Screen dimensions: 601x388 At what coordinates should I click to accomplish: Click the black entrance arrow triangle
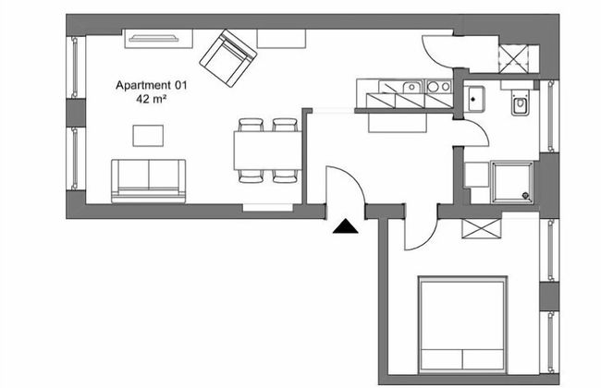(x=346, y=226)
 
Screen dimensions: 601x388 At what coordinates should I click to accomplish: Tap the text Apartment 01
(x=152, y=85)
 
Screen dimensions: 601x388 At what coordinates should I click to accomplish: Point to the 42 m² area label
(x=151, y=99)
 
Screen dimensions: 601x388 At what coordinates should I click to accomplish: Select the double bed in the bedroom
(x=463, y=324)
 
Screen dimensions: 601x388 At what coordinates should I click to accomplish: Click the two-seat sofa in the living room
(x=148, y=181)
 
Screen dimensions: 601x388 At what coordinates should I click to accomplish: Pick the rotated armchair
(x=228, y=58)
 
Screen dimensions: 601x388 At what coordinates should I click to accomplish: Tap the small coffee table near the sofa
(x=148, y=136)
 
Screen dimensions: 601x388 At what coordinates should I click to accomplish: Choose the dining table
(x=267, y=151)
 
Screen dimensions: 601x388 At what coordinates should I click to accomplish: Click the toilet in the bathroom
(x=520, y=103)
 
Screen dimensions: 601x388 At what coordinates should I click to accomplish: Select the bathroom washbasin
(x=473, y=100)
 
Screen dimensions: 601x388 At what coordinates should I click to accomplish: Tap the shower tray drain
(x=525, y=196)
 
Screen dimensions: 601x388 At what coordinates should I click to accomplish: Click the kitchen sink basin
(x=411, y=88)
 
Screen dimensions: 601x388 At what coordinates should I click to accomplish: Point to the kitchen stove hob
(x=439, y=87)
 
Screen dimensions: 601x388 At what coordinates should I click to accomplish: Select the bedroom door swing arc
(x=422, y=227)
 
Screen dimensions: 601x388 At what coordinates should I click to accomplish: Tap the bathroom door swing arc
(x=476, y=132)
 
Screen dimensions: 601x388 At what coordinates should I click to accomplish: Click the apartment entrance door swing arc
(x=345, y=185)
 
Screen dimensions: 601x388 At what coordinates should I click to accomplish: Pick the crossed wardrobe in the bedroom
(x=482, y=229)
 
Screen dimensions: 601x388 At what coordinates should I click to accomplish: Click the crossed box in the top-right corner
(x=513, y=58)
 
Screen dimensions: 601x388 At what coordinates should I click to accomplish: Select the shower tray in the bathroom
(x=512, y=182)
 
